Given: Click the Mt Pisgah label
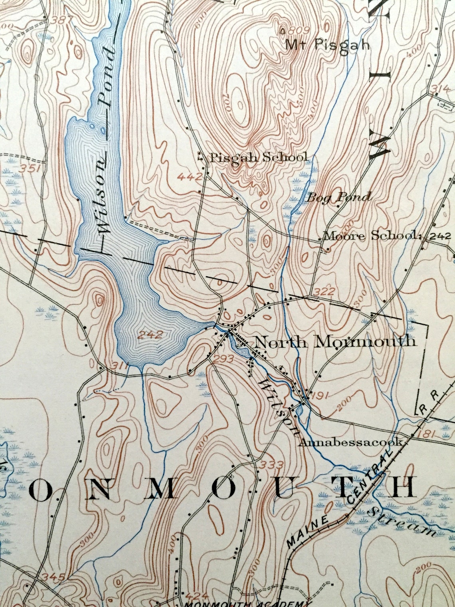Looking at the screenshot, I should point(327,45).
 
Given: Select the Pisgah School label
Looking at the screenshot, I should point(259,157).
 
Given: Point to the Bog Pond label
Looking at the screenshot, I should point(338,196).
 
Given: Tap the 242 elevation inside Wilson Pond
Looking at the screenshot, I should point(152,335).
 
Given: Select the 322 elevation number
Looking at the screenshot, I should point(324,290).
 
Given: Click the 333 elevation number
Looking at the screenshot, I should point(271,465).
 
